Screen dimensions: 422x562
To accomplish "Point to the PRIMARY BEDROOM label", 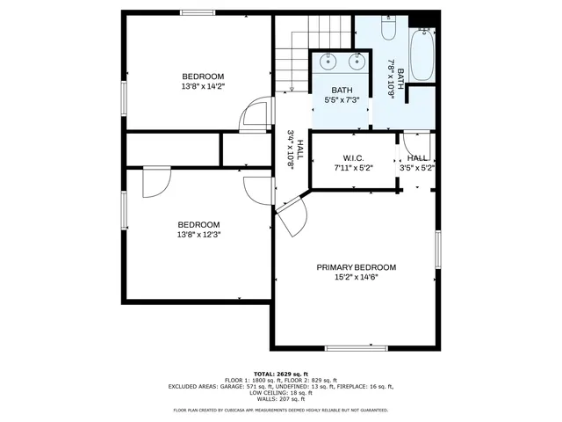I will coord(356,267).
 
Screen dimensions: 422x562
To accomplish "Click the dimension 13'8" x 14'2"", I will coord(203,86).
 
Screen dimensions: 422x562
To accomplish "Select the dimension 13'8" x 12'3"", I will coord(198,235).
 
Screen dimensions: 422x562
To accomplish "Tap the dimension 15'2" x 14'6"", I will coord(356,278).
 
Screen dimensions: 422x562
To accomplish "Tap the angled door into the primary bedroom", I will coord(290,211).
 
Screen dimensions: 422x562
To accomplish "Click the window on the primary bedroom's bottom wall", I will coord(356,348).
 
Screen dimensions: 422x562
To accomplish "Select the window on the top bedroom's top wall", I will coord(198,12).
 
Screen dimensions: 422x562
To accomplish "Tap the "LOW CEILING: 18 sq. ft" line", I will coord(281,392).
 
